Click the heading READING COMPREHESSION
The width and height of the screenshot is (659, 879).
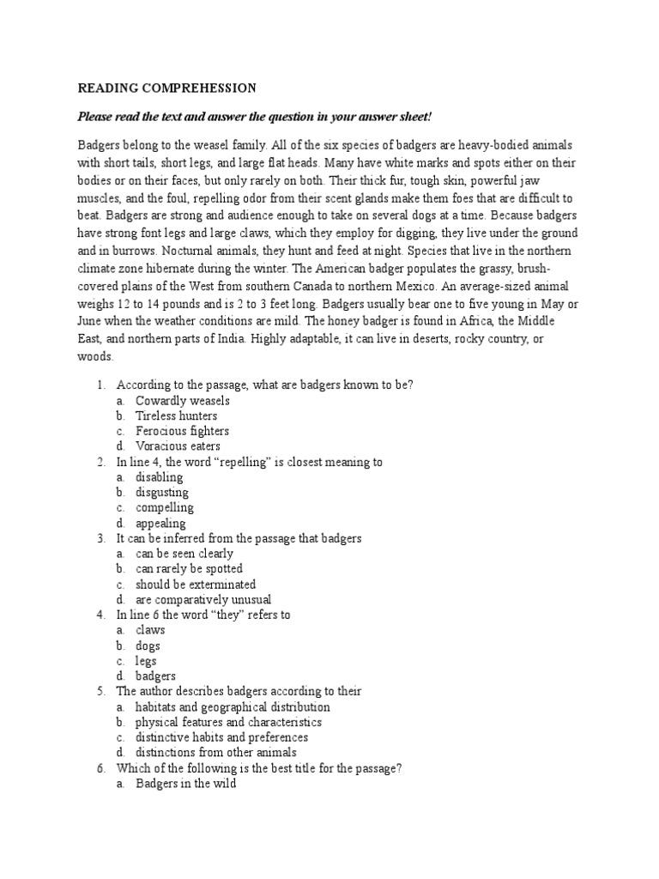pyautogui.click(x=167, y=88)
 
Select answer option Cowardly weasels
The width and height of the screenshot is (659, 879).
pyautogui.click(x=182, y=401)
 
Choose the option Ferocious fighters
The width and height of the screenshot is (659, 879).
pyautogui.click(x=182, y=431)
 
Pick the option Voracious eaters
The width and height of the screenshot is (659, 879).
pyautogui.click(x=178, y=446)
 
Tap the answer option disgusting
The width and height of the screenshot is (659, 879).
pyautogui.click(x=162, y=493)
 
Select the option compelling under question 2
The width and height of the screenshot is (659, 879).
pyautogui.click(x=164, y=508)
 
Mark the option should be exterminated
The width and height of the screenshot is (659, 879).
pyautogui.click(x=196, y=585)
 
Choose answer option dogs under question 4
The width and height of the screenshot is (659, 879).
pyautogui.click(x=148, y=646)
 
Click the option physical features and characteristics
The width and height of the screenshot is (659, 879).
pyautogui.click(x=228, y=723)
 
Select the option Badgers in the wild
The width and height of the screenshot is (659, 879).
pyautogui.click(x=185, y=784)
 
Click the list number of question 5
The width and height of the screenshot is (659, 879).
pyautogui.click(x=100, y=692)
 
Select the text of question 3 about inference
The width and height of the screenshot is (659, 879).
pyautogui.click(x=239, y=538)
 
